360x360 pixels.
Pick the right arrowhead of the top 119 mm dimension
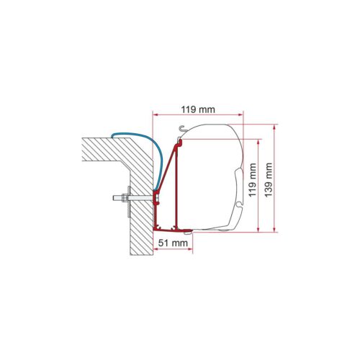pos(243,114)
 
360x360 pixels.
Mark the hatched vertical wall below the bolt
pos(141,230)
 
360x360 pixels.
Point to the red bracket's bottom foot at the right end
pos(189,230)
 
